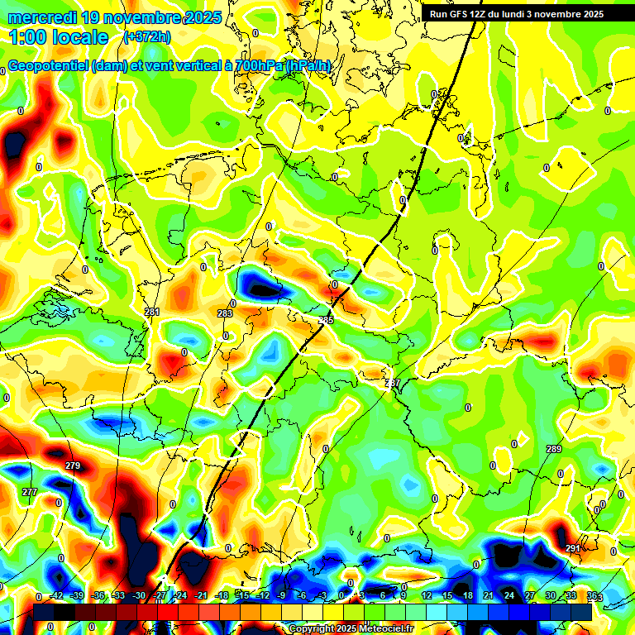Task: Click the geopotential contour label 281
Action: [x=152, y=312]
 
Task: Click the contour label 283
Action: [x=225, y=313]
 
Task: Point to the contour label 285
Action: [x=326, y=320]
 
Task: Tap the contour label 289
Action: [x=554, y=449]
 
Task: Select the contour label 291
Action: [x=573, y=548]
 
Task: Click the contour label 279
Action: [x=73, y=466]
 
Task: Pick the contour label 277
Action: [x=30, y=492]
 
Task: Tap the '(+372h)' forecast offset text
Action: [x=148, y=37]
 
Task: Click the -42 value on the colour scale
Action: [x=57, y=596]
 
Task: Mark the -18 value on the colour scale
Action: [x=222, y=596]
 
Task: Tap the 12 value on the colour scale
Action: [x=427, y=596]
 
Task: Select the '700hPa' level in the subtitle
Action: [x=256, y=66]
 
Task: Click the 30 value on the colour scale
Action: [x=550, y=596]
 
